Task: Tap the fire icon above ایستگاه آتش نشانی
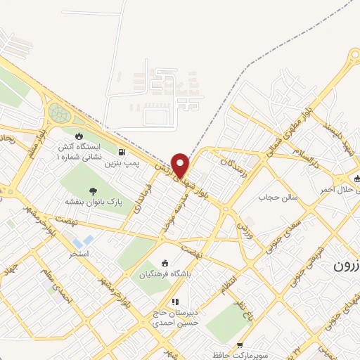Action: click(x=78, y=135)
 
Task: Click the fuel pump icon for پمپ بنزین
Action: click(x=123, y=151)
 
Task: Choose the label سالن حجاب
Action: click(x=282, y=198)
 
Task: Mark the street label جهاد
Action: click(x=20, y=271)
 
